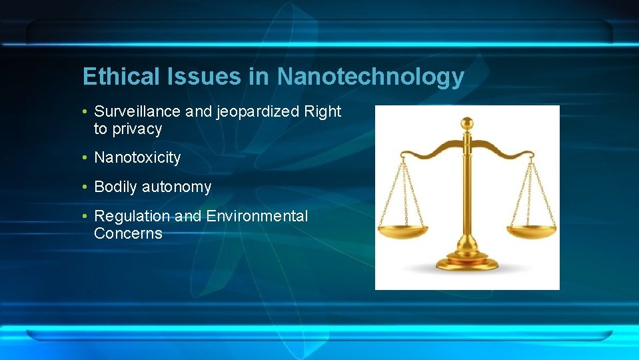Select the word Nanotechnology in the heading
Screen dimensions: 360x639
tap(370, 77)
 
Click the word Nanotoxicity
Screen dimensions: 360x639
tap(137, 158)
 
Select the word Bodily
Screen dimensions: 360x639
tap(116, 187)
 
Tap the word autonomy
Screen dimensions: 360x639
tap(177, 187)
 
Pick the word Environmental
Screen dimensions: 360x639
tap(257, 216)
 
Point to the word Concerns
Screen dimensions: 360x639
tap(128, 233)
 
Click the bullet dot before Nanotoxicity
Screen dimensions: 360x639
tap(86, 158)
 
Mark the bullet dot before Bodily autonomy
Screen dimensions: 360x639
tap(86, 187)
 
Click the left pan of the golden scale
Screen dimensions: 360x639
tap(403, 231)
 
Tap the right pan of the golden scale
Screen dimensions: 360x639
tap(530, 231)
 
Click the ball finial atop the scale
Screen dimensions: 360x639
tap(467, 123)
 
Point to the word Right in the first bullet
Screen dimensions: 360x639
tap(322, 112)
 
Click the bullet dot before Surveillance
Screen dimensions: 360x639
tap(86, 112)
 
